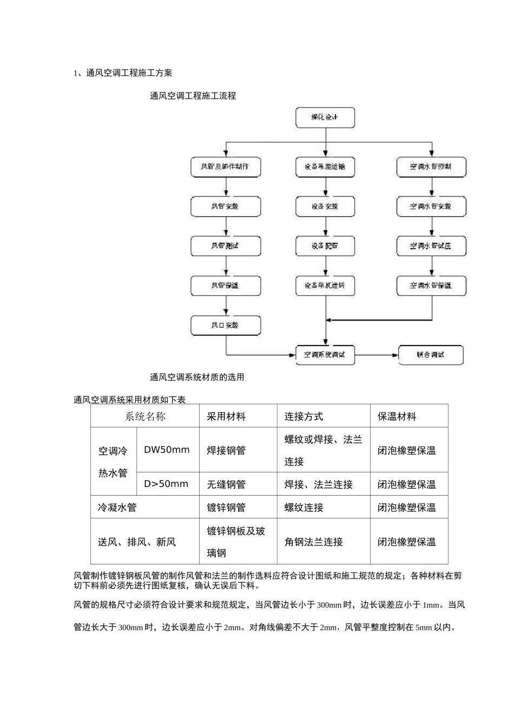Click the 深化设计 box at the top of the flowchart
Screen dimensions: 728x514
click(325, 118)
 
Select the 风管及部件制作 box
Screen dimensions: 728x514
click(226, 167)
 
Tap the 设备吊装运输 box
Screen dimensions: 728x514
click(325, 167)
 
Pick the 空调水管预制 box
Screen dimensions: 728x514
click(431, 167)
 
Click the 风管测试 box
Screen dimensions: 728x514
click(226, 246)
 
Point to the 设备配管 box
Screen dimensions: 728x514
click(325, 246)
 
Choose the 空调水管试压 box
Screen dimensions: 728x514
click(431, 246)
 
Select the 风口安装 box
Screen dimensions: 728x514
click(226, 326)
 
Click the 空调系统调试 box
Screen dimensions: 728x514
click(325, 355)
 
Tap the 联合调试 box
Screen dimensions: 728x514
click(431, 355)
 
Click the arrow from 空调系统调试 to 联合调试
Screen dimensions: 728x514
click(377, 355)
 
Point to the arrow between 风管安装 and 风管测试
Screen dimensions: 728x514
click(226, 226)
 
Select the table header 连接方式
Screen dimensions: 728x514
click(304, 417)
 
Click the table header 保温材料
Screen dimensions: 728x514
click(397, 417)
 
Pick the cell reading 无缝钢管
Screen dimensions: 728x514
click(226, 484)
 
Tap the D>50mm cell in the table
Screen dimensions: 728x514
click(166, 484)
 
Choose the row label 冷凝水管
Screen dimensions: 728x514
click(117, 508)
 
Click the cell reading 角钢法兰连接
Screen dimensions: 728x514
click(314, 542)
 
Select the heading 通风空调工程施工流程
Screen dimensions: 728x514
click(193, 96)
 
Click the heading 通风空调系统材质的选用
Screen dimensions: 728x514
click(197, 377)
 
